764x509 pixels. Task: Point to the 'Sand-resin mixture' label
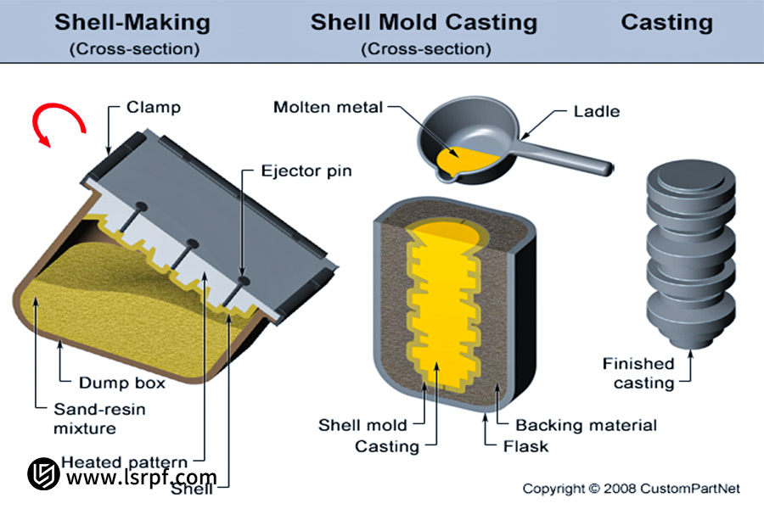87,418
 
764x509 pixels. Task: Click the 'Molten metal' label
328,108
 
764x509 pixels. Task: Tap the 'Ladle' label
597,111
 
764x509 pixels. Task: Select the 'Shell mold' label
362,425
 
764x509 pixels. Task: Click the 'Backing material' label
587,425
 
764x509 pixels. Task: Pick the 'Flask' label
527,445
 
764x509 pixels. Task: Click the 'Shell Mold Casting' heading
424,22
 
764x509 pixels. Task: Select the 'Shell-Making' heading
133,22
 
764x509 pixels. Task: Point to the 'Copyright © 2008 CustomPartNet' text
631,489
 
